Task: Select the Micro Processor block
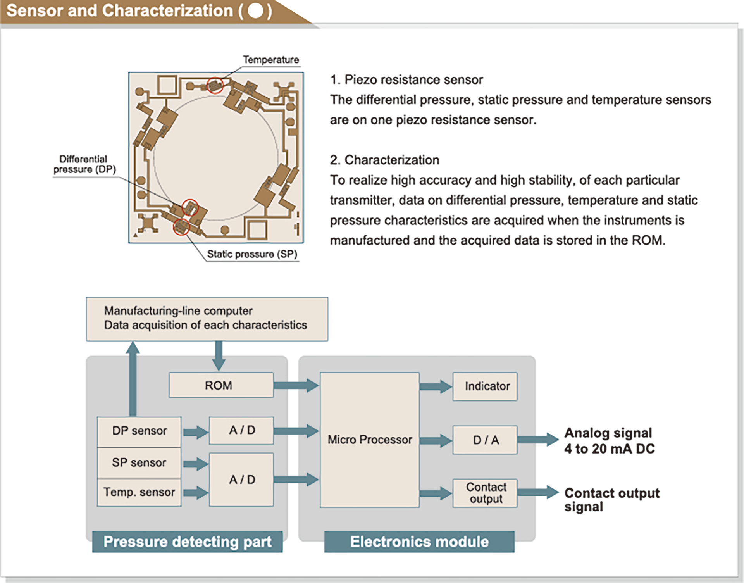[x=369, y=440]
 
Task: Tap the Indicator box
[x=485, y=386]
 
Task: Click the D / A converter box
[x=485, y=440]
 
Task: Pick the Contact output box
[x=485, y=493]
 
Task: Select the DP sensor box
[x=139, y=431]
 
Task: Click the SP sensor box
[x=139, y=462]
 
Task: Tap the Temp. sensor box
[x=139, y=492]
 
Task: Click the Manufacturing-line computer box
[x=207, y=319]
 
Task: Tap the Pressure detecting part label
[x=187, y=542]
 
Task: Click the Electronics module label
[x=419, y=542]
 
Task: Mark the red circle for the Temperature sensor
[x=215, y=85]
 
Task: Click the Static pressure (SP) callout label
[x=252, y=254]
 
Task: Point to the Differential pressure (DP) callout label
[x=84, y=164]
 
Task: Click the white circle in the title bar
[x=255, y=10]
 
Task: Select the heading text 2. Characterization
[x=384, y=160]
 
